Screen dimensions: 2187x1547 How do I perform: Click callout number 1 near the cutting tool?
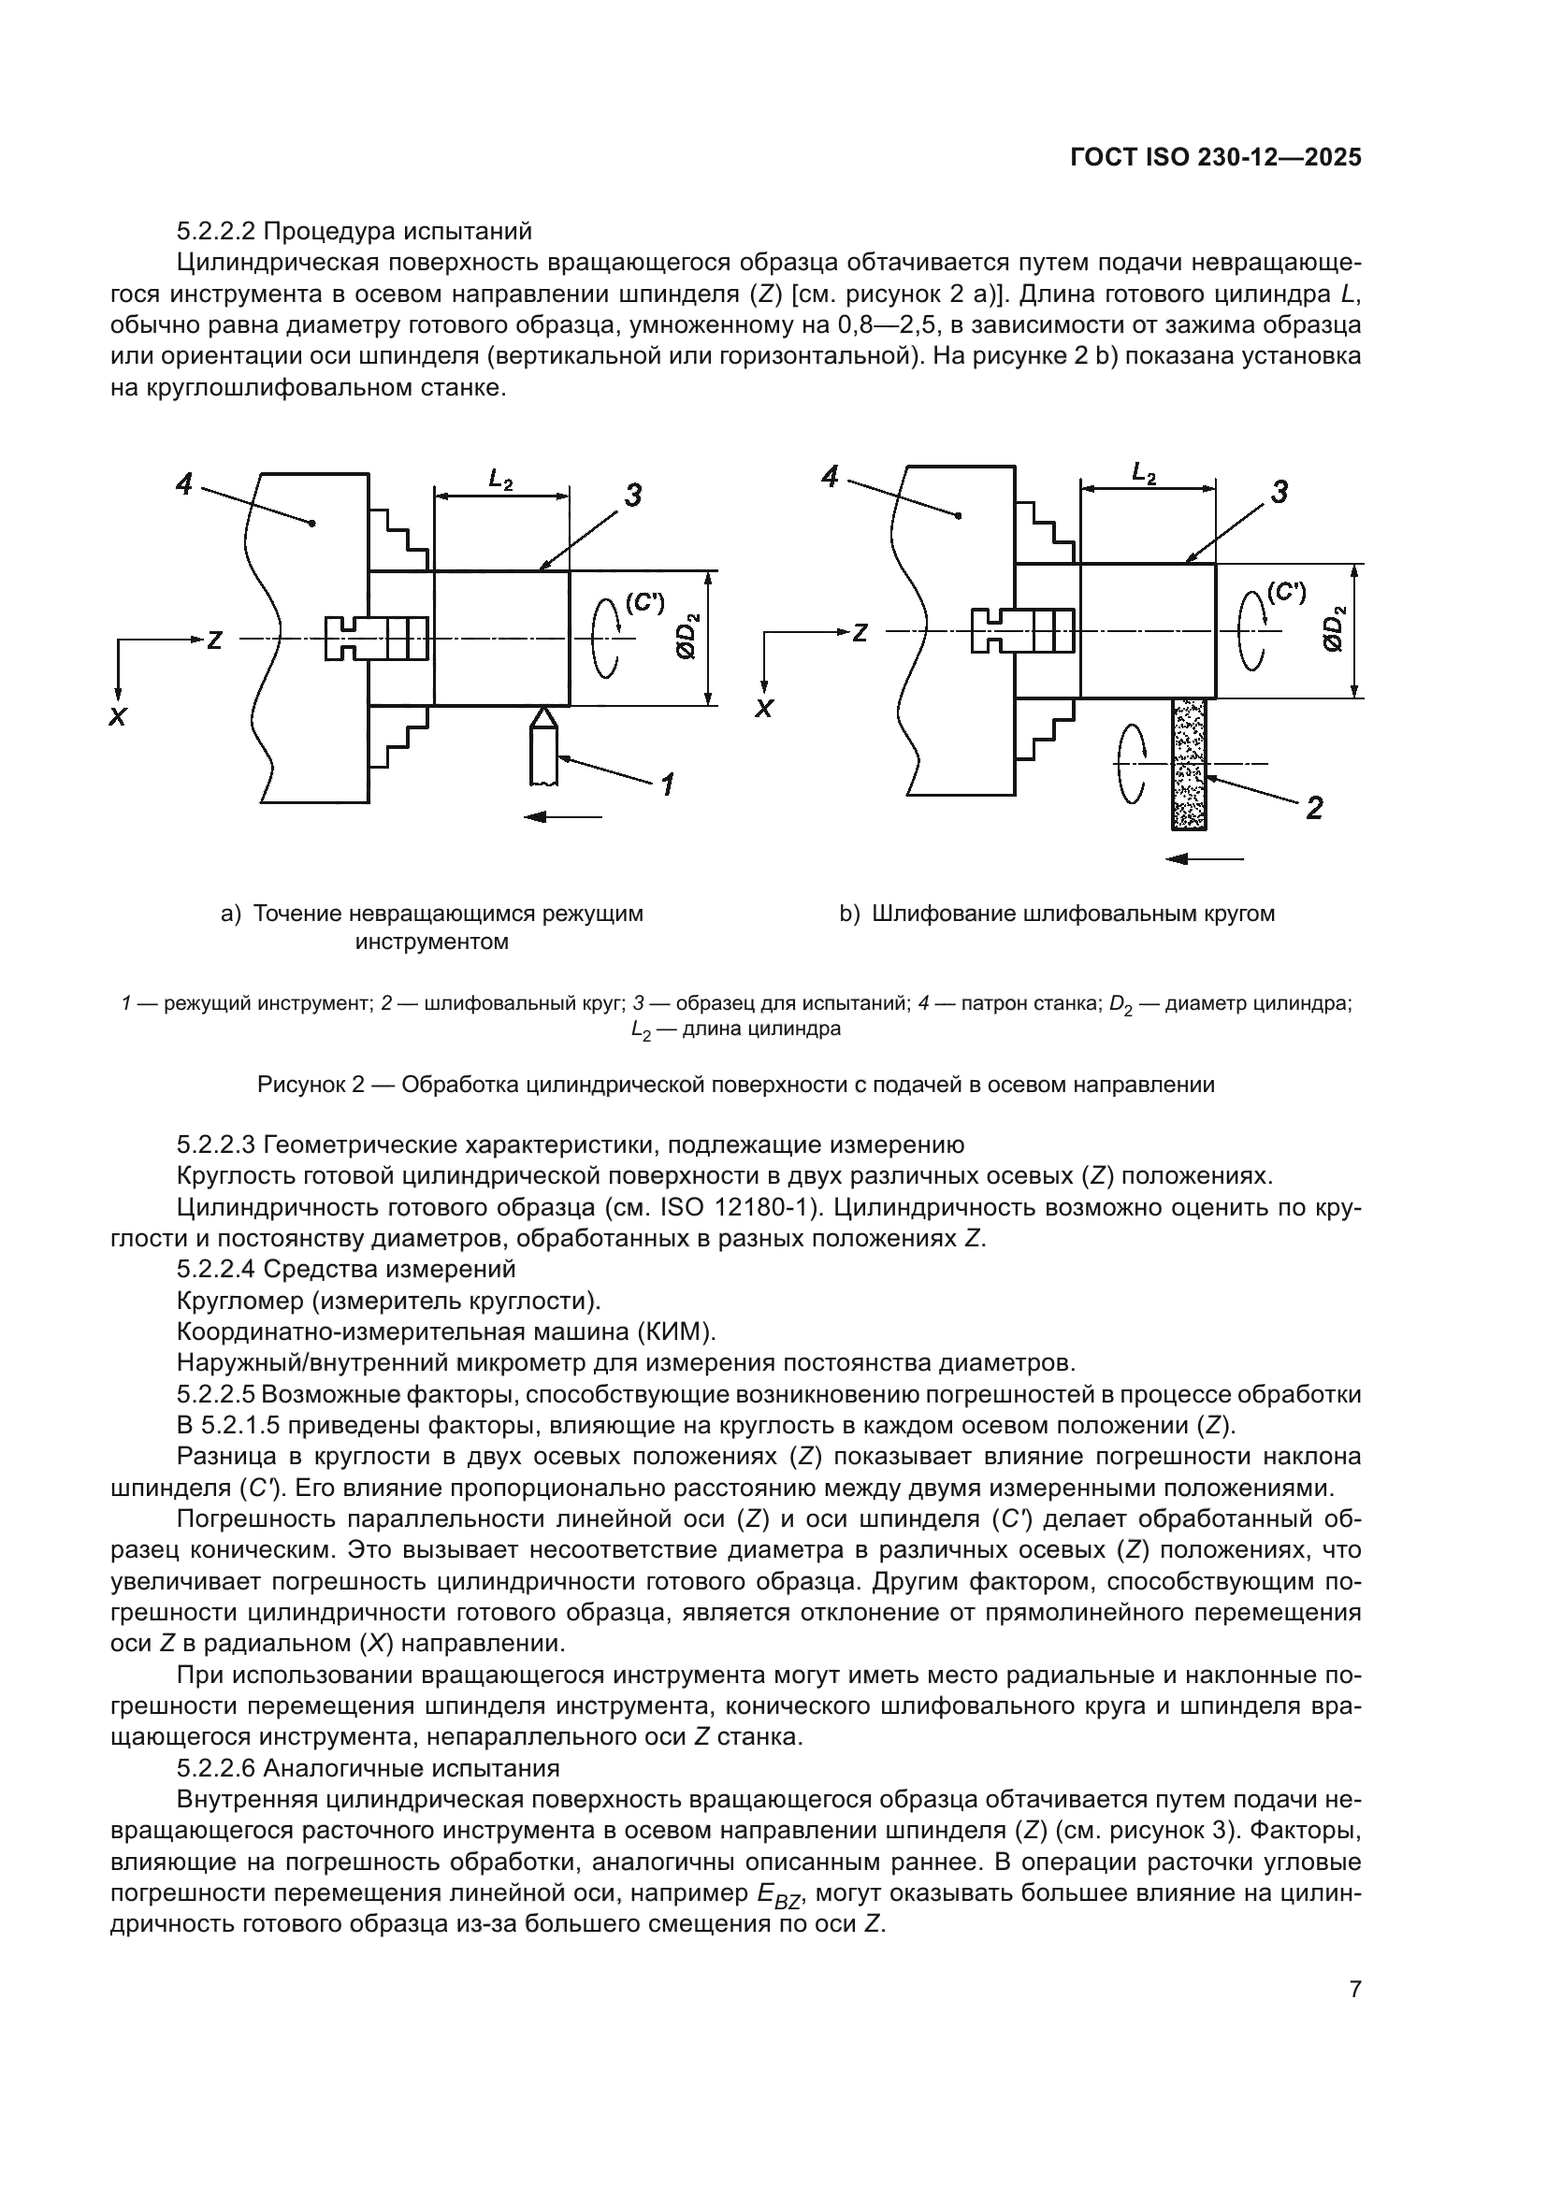(668, 784)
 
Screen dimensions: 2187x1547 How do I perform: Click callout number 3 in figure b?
(1280, 493)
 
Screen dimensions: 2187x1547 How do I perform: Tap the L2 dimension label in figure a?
(501, 479)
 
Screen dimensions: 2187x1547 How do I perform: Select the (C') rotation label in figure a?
(643, 602)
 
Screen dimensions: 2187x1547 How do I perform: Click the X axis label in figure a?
(117, 717)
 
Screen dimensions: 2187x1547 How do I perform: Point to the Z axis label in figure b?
(860, 632)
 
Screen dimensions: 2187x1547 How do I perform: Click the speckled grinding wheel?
(1189, 763)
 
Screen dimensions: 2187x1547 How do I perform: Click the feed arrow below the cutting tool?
(563, 816)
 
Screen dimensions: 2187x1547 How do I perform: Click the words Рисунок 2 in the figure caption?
(311, 1085)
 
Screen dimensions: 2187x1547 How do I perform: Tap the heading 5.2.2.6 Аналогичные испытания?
(368, 1769)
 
